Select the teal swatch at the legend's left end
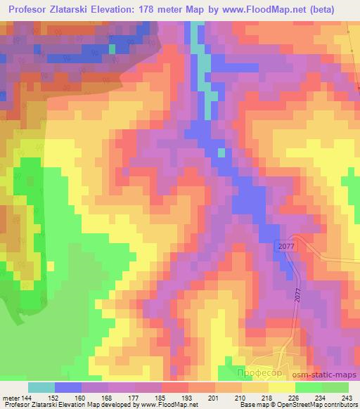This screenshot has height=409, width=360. tap(41, 387)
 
